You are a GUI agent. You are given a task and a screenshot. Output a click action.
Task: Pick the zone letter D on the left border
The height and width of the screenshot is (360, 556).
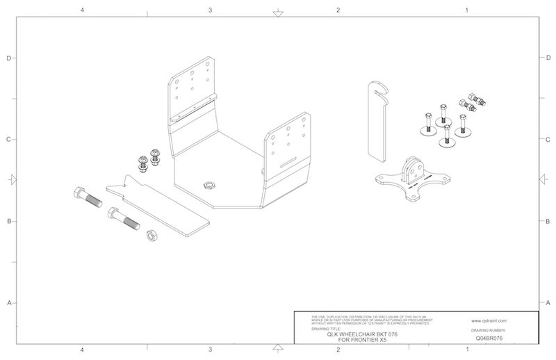point(8,58)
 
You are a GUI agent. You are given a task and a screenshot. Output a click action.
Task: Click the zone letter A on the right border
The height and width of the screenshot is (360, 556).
point(548,303)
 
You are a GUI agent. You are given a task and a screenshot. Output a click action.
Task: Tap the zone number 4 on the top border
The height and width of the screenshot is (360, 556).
point(82,10)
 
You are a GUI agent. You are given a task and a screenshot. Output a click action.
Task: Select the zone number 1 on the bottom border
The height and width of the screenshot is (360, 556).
point(466,349)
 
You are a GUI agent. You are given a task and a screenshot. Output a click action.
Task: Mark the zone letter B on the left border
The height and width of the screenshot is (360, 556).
point(8,222)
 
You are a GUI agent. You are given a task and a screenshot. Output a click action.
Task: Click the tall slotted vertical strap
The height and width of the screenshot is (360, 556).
point(375,122)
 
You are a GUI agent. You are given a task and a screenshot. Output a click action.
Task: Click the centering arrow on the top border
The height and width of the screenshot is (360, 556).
point(277,13)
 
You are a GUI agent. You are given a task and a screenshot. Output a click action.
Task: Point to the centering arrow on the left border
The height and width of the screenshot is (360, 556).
point(11,179)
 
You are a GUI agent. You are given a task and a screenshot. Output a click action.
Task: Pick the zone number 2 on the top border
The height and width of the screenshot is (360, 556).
point(337,10)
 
